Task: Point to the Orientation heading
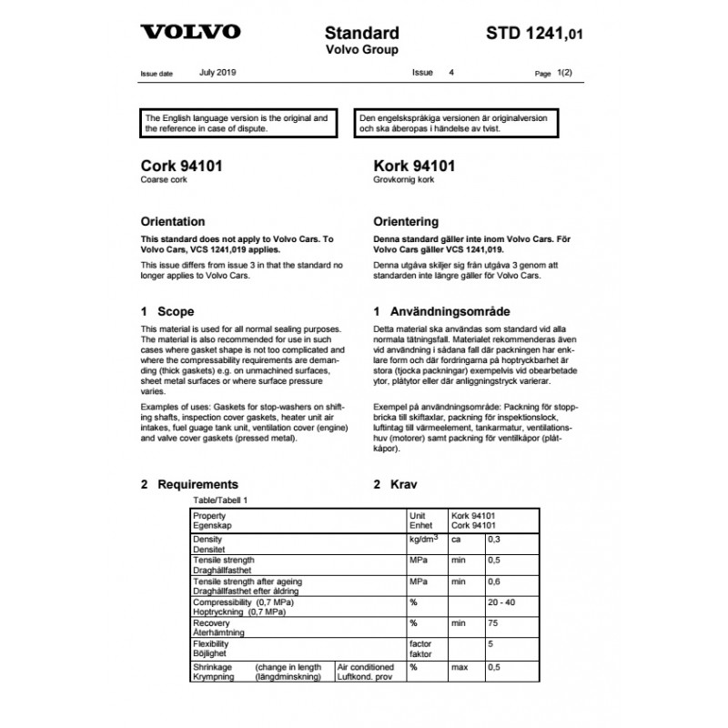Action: (173, 221)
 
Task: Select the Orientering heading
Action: (407, 221)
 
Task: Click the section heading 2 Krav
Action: (398, 484)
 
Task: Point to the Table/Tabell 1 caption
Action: (220, 500)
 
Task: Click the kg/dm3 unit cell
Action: (425, 540)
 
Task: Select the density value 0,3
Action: (495, 540)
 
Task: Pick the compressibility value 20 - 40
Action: (502, 602)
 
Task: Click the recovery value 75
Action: (494, 623)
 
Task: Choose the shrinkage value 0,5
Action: (495, 667)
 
